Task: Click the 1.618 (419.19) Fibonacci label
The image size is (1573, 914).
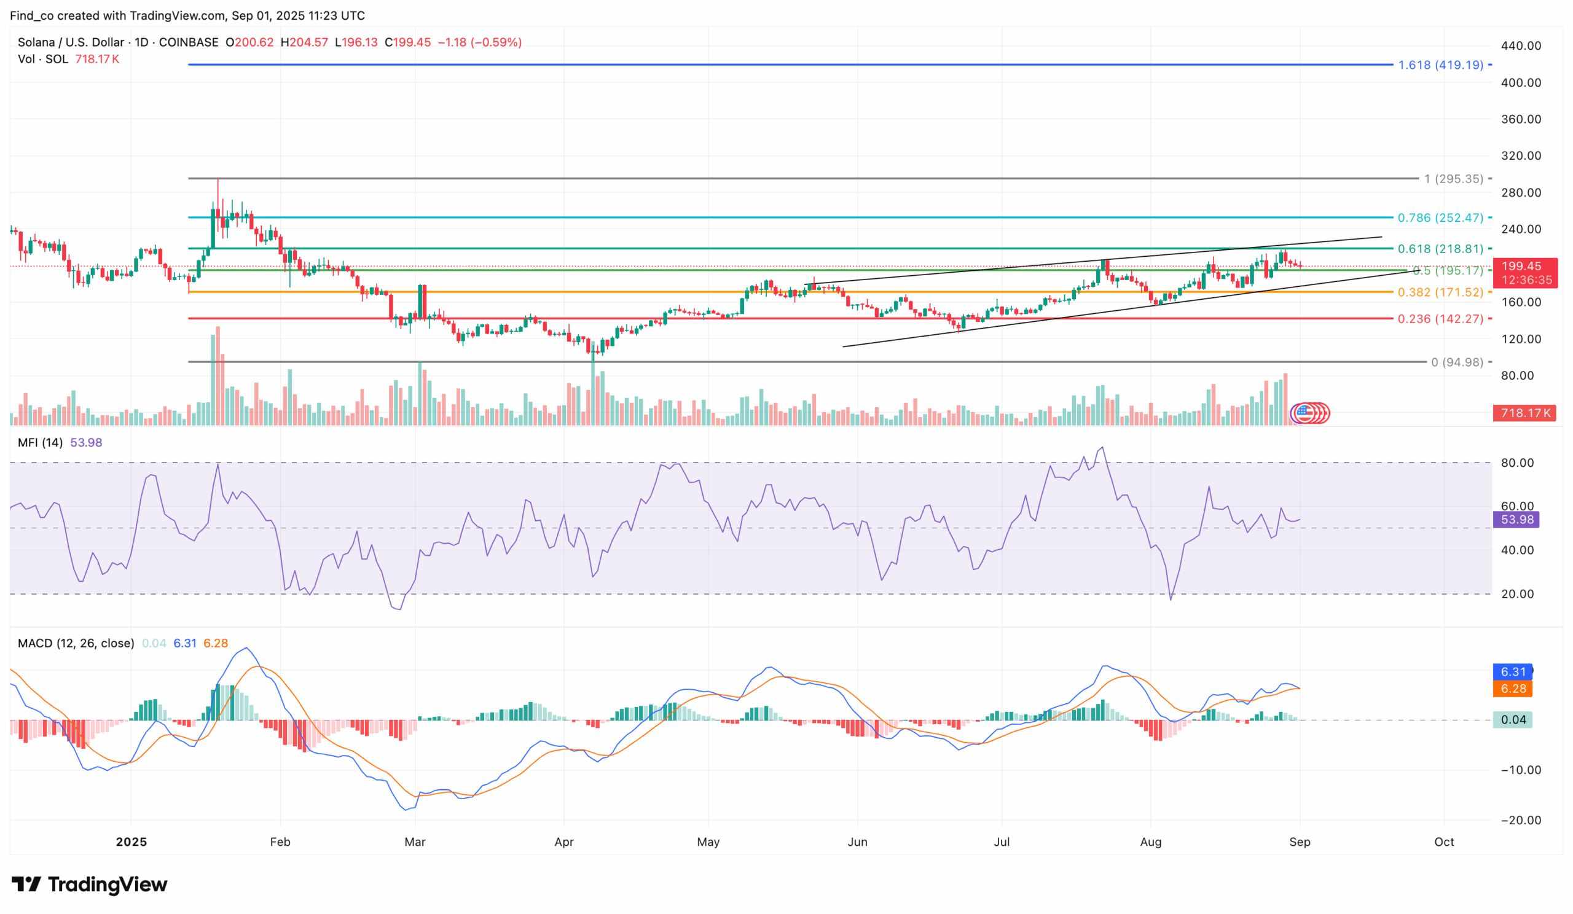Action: point(1440,65)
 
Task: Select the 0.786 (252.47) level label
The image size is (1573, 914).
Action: point(1440,217)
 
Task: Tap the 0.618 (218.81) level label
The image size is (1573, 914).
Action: point(1440,249)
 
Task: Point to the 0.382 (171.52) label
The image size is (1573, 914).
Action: point(1440,292)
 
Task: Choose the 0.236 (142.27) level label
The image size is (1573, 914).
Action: point(1440,319)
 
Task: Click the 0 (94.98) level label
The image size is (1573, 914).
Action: point(1457,362)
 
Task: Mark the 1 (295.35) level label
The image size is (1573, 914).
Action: point(1453,179)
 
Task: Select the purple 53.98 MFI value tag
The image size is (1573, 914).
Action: point(1516,520)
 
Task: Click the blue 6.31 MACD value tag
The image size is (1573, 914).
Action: point(1512,672)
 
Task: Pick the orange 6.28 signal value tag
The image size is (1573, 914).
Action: point(1512,689)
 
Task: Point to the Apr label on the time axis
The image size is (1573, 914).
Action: point(563,842)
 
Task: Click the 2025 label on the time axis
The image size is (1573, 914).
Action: point(131,842)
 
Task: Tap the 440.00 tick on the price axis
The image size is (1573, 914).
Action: point(1521,46)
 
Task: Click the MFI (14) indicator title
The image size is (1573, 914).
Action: point(40,443)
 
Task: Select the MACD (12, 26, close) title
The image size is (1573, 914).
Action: point(76,643)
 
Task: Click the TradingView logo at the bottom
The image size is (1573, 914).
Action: point(89,885)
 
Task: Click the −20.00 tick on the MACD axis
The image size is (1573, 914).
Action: point(1521,821)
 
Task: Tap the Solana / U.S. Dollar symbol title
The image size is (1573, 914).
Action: point(71,42)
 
